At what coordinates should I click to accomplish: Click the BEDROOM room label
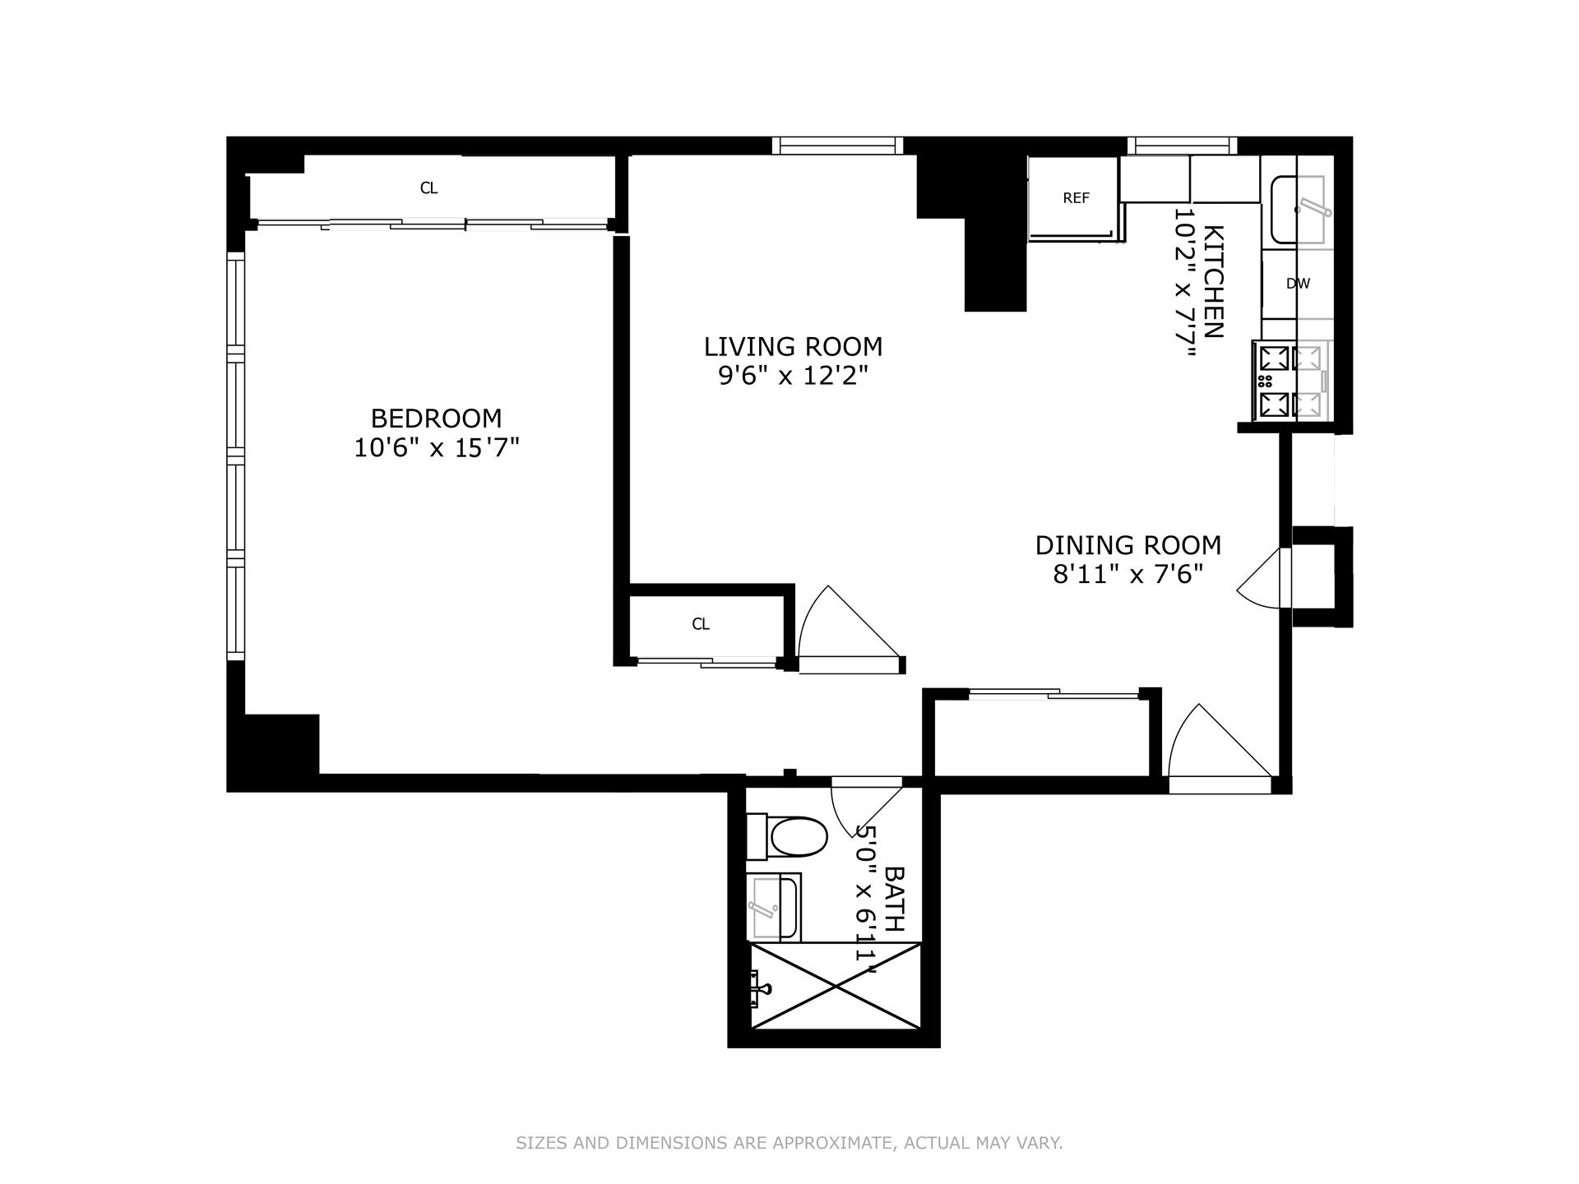436,419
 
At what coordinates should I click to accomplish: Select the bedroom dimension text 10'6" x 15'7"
436,449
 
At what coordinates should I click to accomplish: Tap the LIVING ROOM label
793,346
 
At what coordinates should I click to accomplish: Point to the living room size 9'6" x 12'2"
793,377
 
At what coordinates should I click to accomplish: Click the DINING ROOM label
1128,545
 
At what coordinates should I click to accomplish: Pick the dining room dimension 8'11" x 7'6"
1128,575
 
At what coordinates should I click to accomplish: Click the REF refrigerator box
1075,198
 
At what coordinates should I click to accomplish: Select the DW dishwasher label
1297,284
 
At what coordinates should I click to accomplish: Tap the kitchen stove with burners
1289,381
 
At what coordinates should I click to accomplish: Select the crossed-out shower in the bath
836,986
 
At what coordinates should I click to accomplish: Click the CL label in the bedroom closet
428,188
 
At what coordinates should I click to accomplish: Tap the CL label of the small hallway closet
700,624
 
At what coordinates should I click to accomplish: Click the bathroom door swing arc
864,814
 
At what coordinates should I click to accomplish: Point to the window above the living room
837,146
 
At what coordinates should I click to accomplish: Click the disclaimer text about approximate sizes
789,1143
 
